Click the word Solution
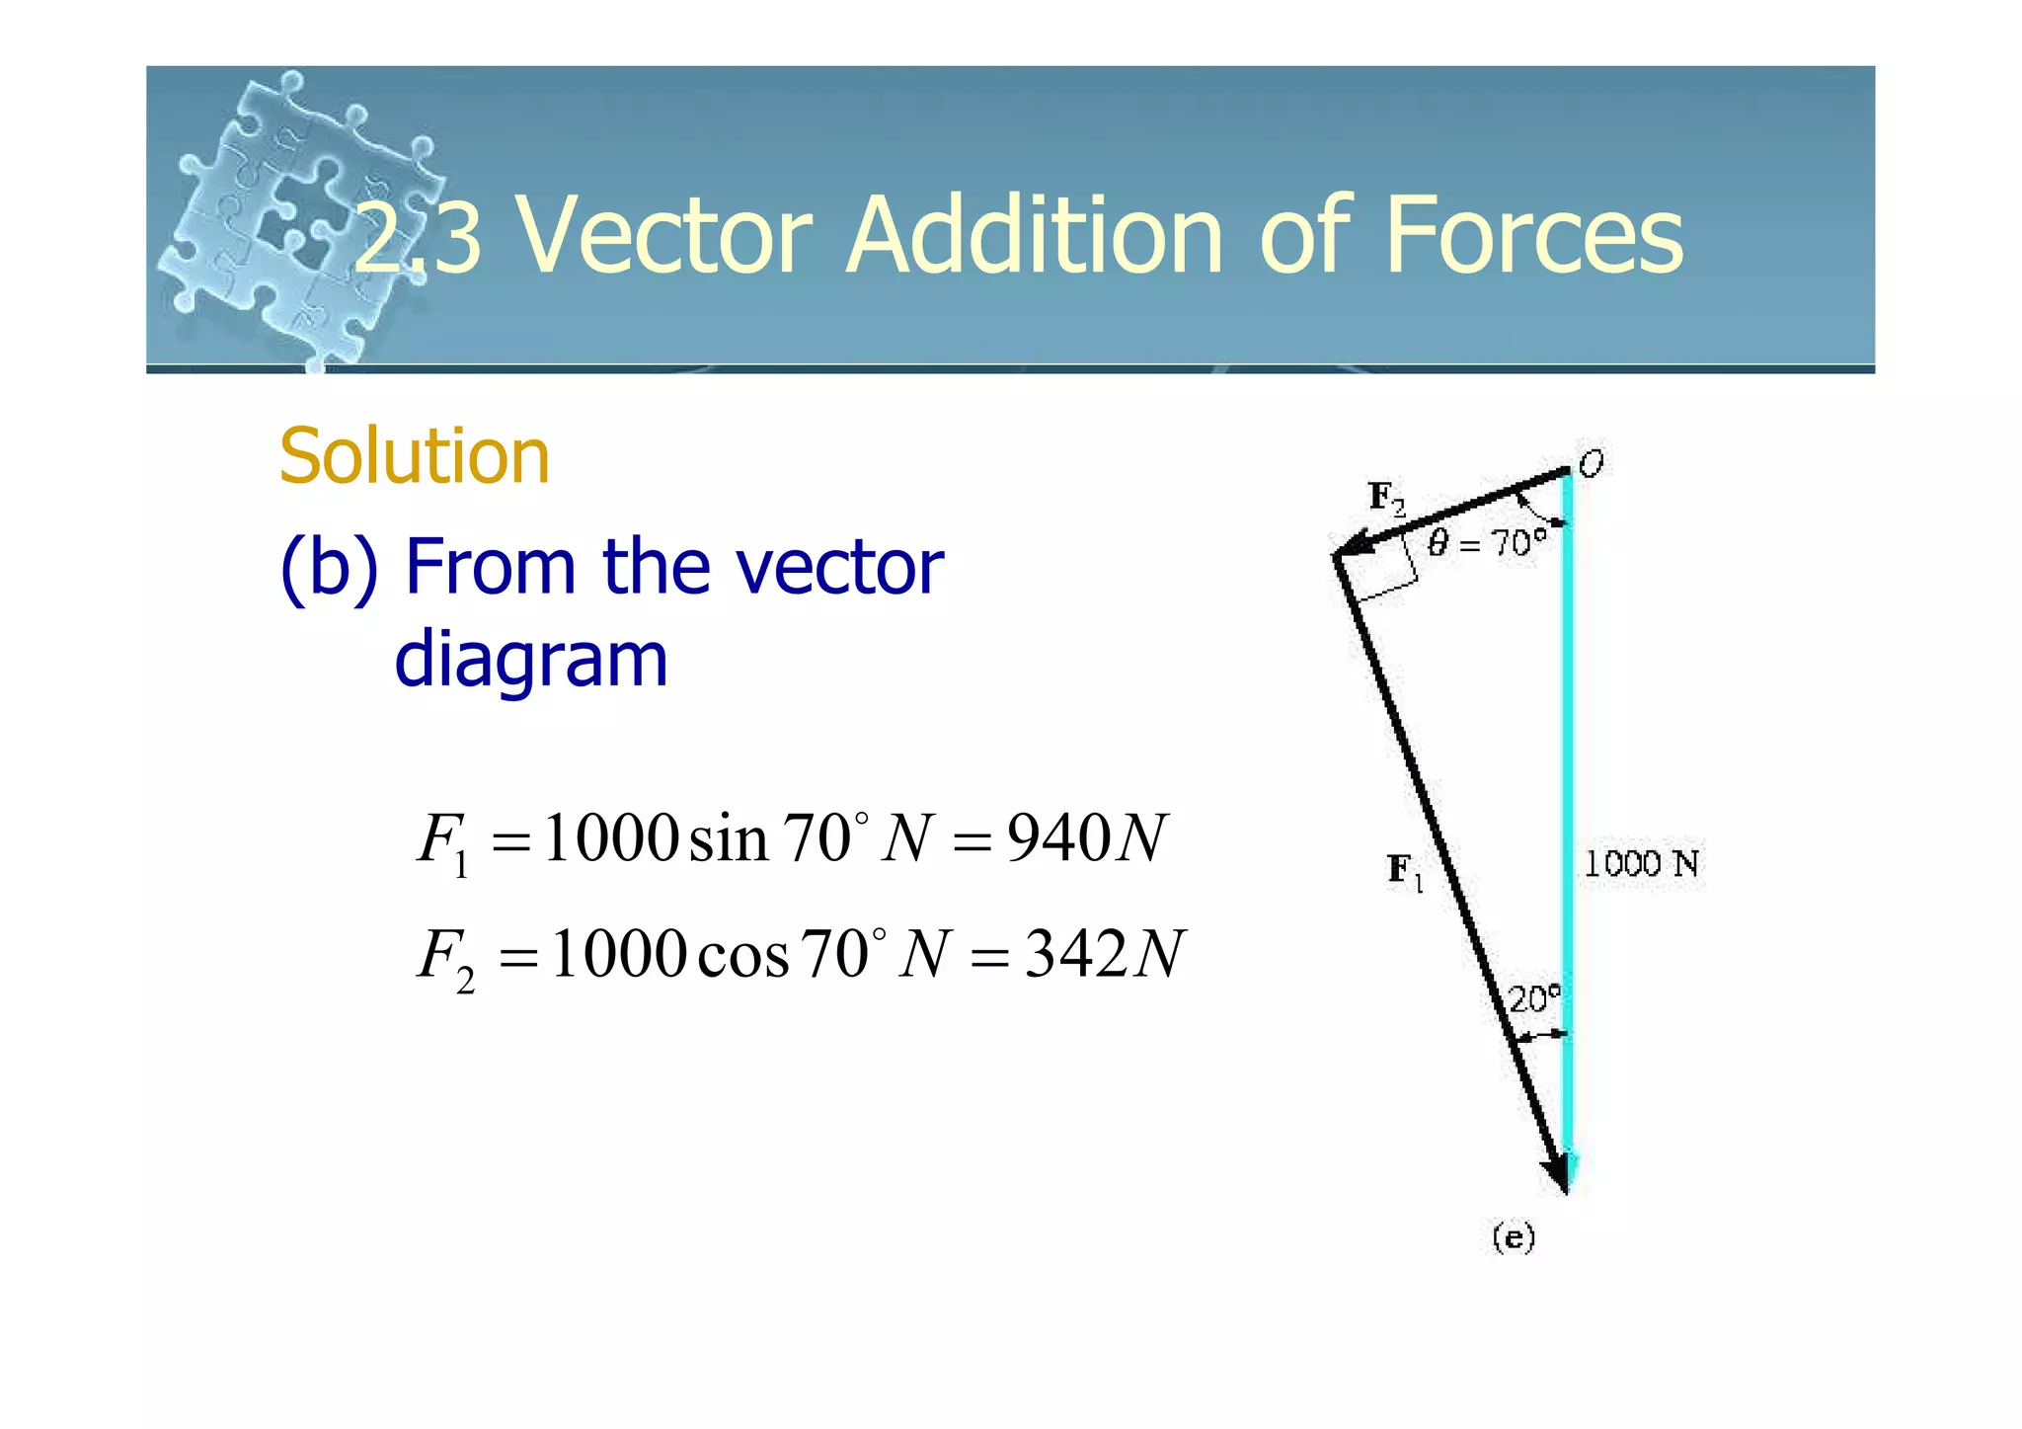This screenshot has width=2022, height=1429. pos(414,456)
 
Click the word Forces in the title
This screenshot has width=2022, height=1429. pos(1534,236)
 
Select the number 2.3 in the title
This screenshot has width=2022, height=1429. pos(418,238)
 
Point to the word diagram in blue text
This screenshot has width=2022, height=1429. pos(531,660)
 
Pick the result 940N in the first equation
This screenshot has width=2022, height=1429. pos(1087,838)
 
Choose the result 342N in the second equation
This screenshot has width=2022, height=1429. pos(1104,955)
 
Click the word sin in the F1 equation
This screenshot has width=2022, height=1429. pos(728,839)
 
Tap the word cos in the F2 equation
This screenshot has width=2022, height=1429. pos(742,956)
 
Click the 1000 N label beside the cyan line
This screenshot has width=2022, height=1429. pos(1641,864)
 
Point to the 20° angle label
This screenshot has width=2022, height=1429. pos(1534,998)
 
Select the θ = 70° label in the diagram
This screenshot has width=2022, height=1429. pos(1487,542)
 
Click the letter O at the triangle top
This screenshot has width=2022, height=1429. pos(1591,463)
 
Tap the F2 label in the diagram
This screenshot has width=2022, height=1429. pos(1386,498)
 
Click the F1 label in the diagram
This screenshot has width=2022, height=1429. pos(1405,871)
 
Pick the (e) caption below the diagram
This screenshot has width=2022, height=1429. pos(1514,1237)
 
